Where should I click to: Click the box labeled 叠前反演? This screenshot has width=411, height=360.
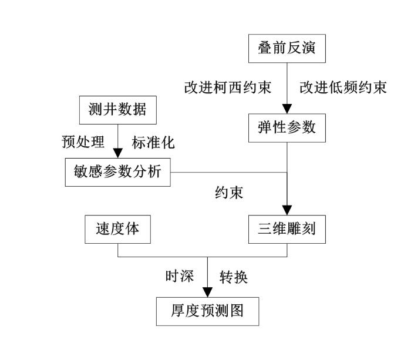coord(287,49)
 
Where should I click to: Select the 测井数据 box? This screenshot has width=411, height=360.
coord(118,110)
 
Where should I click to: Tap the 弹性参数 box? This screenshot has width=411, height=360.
coord(287,128)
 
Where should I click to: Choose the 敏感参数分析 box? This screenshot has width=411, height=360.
coord(117,172)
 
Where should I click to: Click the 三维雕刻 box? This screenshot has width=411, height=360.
coord(287,230)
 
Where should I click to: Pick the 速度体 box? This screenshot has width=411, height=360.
coord(117,230)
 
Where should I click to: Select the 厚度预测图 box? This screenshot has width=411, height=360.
coord(208,311)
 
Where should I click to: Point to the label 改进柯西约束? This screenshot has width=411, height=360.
coord(228,88)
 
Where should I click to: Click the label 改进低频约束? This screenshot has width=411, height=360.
coord(343,88)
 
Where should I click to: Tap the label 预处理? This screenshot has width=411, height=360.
coord(83,142)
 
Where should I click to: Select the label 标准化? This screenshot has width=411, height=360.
coord(153,143)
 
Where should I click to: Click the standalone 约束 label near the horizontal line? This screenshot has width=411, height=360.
coord(229,193)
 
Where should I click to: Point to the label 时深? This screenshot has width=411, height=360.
coord(180,276)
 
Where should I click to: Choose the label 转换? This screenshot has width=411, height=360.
coord(234,277)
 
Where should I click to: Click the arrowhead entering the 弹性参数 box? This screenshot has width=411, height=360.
coord(287,109)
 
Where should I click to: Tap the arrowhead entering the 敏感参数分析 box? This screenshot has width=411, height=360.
coord(117,153)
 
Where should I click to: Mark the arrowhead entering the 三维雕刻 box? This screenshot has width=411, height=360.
coord(287,210)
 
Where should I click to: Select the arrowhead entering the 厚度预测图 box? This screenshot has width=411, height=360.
coord(208,292)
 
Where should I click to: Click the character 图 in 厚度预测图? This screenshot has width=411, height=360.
coord(237,311)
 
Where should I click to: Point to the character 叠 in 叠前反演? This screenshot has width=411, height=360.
coord(265,48)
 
